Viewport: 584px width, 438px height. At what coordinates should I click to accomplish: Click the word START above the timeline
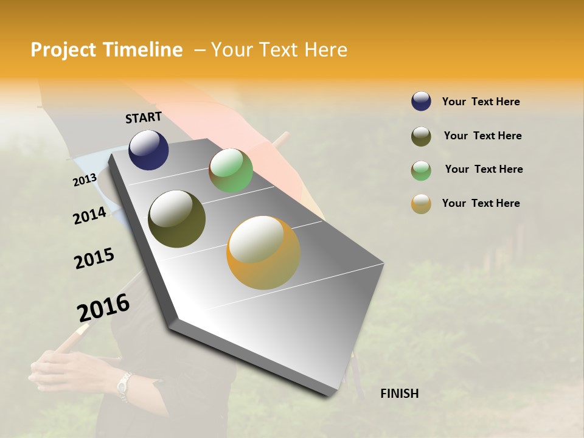pos(144,117)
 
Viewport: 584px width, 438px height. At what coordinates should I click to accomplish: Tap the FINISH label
pos(399,394)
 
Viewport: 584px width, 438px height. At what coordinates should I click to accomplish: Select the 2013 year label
pos(85,179)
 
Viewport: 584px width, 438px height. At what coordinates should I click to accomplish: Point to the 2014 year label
pos(89,215)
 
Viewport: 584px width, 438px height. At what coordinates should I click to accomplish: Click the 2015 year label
pos(94,259)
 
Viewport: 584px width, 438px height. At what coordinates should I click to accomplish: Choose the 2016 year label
pos(103,307)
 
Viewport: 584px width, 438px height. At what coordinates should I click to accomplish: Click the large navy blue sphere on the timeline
pos(148,150)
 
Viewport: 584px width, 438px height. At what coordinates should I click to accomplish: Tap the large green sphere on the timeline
pos(231,170)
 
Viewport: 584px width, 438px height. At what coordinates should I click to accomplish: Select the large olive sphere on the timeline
pos(176,219)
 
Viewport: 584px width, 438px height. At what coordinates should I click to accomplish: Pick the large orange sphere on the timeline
pos(263,252)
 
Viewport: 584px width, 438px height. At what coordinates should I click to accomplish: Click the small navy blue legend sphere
pos(421,102)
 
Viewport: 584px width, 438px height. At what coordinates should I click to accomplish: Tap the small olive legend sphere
pos(421,136)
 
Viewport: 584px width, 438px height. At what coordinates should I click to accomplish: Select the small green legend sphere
pos(421,170)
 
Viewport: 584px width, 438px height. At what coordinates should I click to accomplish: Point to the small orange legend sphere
pos(421,204)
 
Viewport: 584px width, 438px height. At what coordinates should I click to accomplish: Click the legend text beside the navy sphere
pos(481,102)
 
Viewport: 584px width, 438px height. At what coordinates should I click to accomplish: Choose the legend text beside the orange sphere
pos(481,203)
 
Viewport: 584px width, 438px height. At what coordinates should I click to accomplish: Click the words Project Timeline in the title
pos(106,50)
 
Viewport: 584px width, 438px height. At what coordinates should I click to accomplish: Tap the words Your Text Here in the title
pos(279,50)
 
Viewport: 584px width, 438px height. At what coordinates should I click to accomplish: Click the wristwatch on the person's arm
pos(124,386)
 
